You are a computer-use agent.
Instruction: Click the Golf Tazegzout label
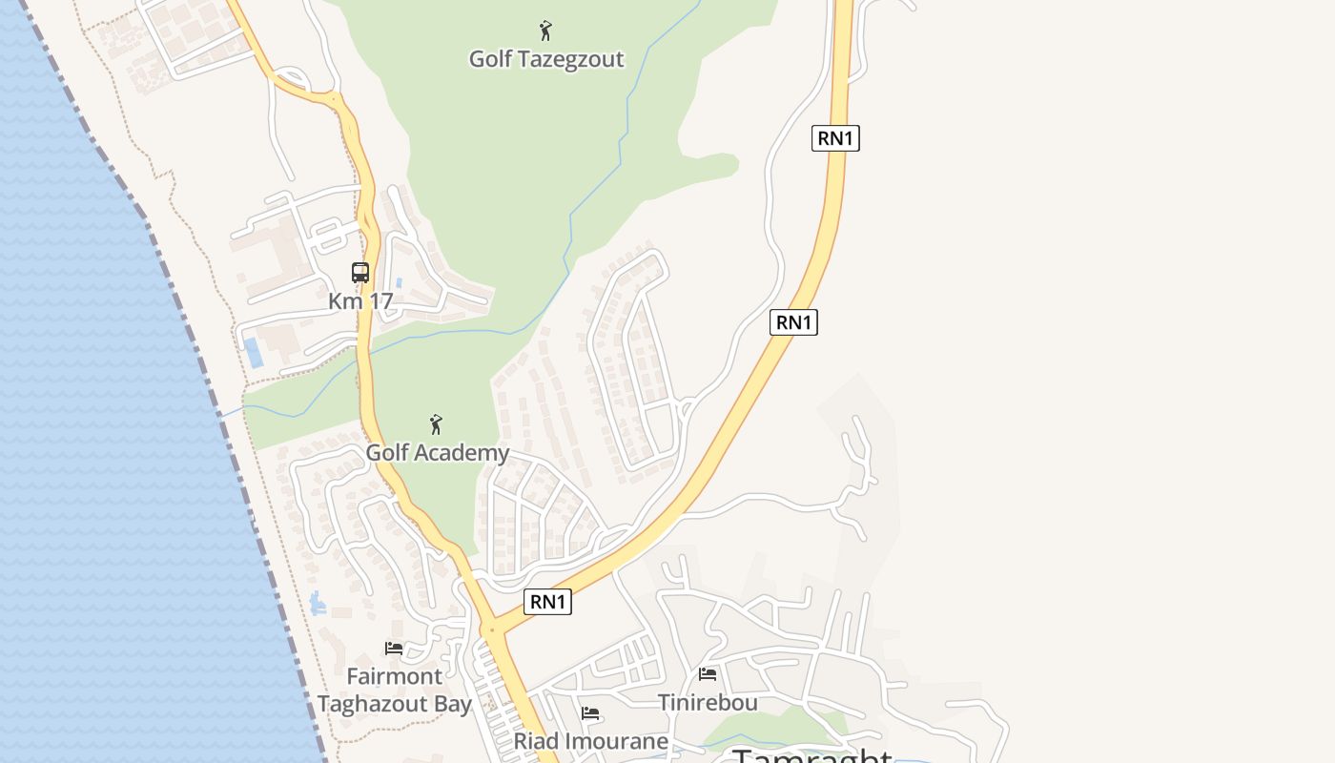[546, 59]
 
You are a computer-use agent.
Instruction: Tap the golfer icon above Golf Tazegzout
[545, 31]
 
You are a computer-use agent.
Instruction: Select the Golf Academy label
[438, 452]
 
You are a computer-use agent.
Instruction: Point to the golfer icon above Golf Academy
[436, 424]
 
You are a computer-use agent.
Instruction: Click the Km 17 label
[360, 301]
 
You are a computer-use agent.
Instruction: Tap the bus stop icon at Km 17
[360, 273]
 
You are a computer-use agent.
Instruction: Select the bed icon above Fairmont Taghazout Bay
[394, 649]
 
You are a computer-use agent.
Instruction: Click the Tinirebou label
[708, 703]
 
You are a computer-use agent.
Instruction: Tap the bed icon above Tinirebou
[708, 674]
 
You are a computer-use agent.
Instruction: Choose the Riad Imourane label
[591, 741]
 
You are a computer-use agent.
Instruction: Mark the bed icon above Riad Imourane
[590, 713]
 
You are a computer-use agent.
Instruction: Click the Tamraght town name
[812, 756]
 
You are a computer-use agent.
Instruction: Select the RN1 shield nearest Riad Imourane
[548, 602]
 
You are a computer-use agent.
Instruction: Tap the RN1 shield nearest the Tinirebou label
[548, 602]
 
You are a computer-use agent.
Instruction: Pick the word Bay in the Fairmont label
[451, 705]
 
